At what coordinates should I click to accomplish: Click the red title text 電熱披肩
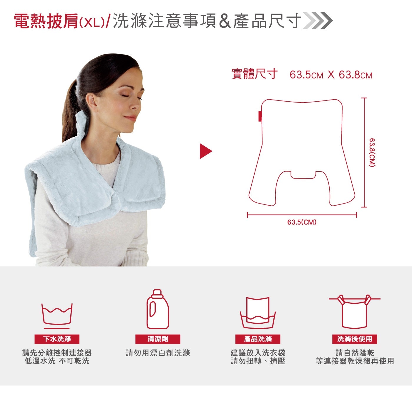point(46,21)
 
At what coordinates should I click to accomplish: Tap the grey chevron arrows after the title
point(318,21)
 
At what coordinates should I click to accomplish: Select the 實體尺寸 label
point(255,74)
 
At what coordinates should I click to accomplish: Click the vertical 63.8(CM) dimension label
point(372,152)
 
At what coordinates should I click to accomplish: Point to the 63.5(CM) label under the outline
point(302,222)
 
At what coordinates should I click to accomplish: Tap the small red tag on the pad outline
point(260,116)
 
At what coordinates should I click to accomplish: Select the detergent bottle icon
point(158,309)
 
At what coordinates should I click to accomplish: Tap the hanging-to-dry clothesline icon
point(355,311)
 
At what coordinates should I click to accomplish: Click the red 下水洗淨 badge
point(57,339)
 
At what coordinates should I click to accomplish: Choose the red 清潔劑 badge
point(158,339)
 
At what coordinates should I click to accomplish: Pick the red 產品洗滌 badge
point(258,339)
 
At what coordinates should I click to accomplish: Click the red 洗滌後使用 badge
point(355,339)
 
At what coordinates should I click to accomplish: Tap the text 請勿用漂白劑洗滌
point(158,353)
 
